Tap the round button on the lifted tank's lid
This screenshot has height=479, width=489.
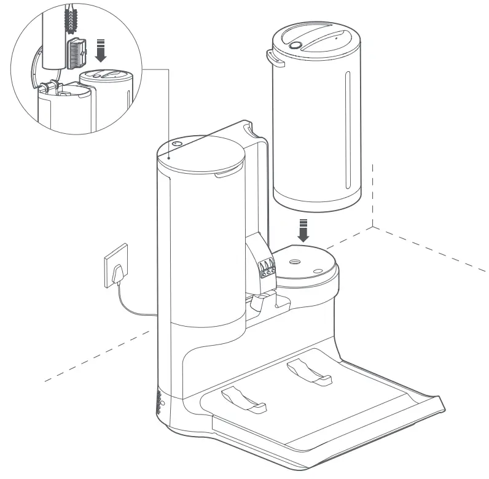click(295, 45)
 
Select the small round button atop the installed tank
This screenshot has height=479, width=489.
click(178, 142)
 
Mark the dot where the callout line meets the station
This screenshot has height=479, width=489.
click(167, 157)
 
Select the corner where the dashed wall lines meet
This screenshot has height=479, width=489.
click(372, 227)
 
